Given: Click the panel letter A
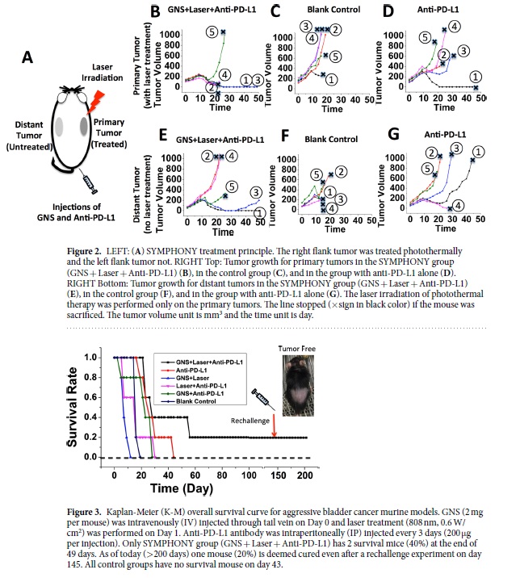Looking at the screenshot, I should click(x=27, y=57).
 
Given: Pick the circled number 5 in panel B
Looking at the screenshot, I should click(x=212, y=31).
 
